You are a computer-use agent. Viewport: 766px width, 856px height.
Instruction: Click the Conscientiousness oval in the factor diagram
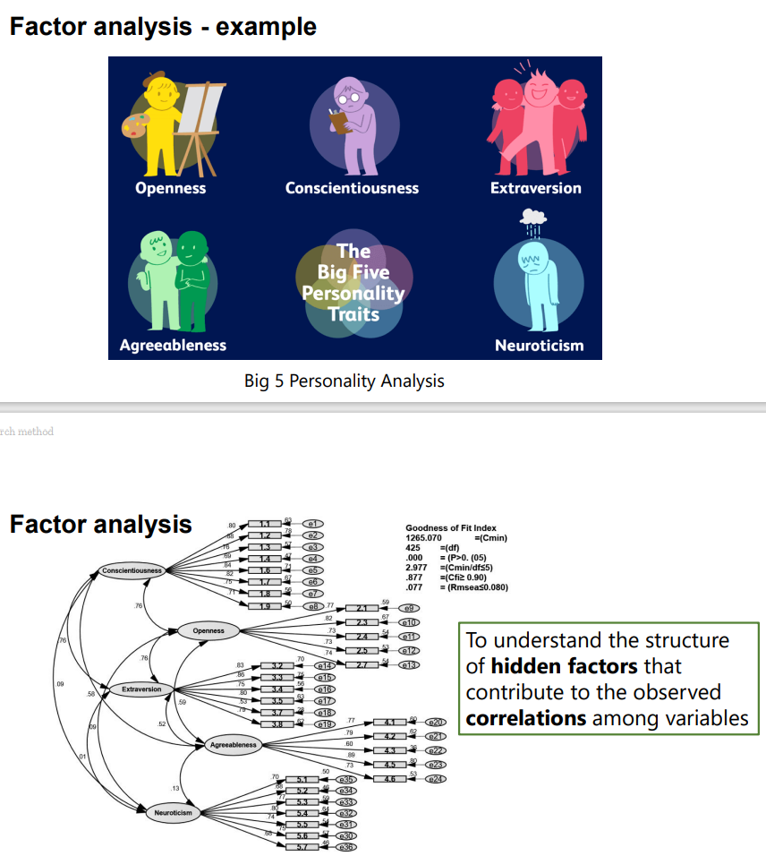131,569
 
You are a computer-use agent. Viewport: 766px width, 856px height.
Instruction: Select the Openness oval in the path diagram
209,630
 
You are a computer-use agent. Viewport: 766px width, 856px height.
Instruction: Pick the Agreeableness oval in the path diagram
233,744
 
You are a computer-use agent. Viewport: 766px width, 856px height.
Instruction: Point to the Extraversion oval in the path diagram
141,689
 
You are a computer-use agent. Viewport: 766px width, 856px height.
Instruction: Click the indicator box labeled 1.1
264,524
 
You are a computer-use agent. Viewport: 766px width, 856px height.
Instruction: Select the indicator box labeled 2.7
362,664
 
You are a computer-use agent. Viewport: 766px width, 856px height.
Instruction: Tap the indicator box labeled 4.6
389,779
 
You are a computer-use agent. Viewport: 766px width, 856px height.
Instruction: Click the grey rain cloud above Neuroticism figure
533,216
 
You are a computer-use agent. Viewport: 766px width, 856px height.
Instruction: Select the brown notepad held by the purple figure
336,119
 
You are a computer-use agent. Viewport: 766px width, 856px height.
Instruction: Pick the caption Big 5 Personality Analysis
344,381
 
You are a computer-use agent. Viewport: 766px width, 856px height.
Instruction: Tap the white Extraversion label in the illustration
535,188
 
